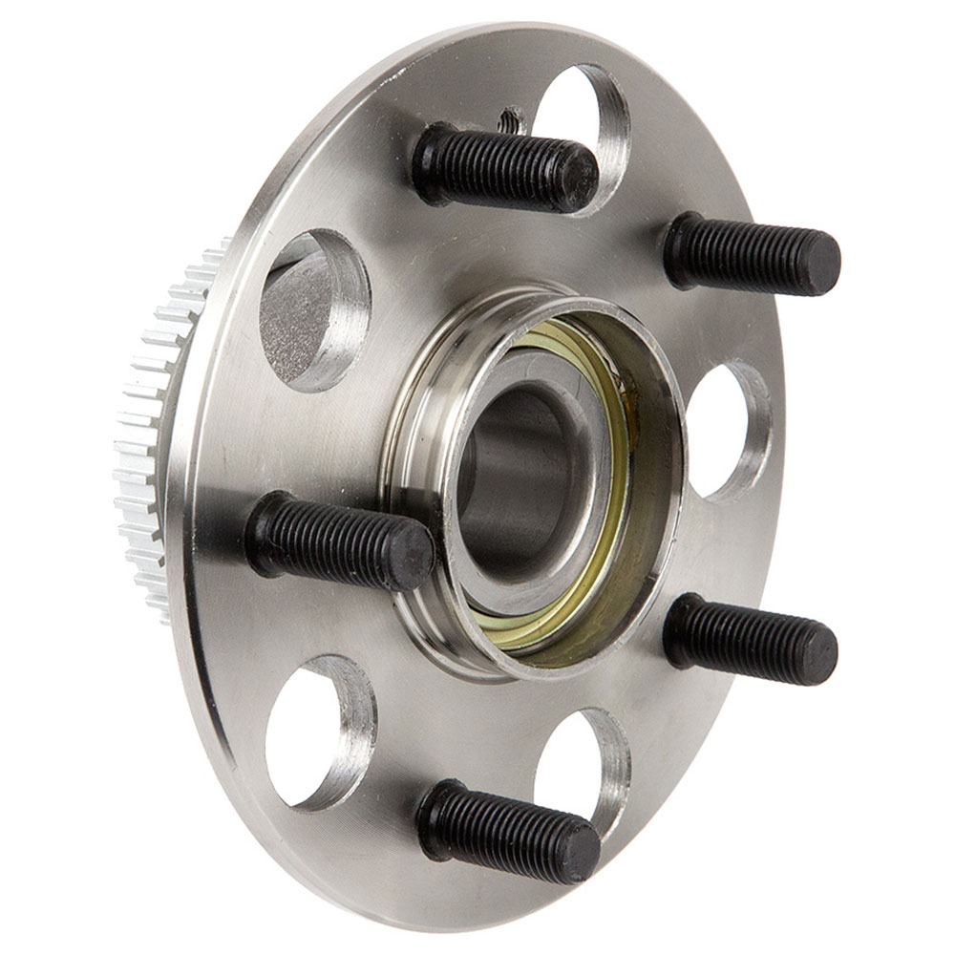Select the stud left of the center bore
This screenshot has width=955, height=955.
[x=338, y=539]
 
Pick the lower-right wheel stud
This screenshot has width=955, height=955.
[x=750, y=640]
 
